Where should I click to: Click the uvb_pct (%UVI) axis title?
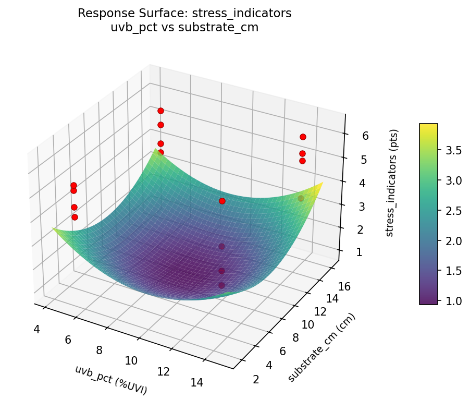(x=111, y=380)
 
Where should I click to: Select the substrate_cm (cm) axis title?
(x=322, y=348)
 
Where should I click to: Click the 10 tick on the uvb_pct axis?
(x=131, y=360)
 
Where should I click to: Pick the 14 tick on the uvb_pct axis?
(x=196, y=383)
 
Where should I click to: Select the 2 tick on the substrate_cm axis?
(x=256, y=379)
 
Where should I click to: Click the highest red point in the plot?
(x=160, y=111)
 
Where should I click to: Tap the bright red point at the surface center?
(x=222, y=201)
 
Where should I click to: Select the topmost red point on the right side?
(x=303, y=137)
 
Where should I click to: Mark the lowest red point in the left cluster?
(x=75, y=217)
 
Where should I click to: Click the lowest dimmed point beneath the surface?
(x=221, y=285)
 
